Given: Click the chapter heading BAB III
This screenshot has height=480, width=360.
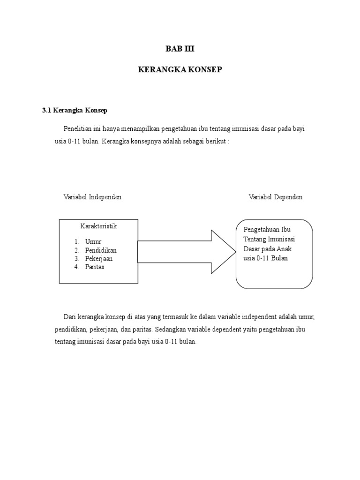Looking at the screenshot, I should pos(180,48).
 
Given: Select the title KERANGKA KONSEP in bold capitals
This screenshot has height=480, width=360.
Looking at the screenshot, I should pos(180,69).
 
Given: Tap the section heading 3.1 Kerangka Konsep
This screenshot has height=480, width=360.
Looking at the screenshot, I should pos(75,111).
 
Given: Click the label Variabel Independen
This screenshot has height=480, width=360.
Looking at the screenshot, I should pos(92,197).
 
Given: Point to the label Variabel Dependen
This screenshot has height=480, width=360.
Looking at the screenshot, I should pos(275,197).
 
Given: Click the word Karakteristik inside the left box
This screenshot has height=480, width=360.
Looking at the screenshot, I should pos(98,226).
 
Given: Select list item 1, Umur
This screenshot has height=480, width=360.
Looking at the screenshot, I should pos(93,241).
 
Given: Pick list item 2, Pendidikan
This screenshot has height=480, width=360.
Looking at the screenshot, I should pos(101,250).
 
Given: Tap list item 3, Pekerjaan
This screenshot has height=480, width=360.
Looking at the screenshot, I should pos(98,258).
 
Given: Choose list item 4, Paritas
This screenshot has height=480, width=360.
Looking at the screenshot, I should pos(95,267).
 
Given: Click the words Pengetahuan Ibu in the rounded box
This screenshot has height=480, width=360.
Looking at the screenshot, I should pos(267,229).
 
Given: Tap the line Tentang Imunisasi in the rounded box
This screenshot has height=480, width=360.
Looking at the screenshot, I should pos(269,239).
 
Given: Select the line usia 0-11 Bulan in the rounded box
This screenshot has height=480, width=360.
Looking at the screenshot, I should pos(265,258).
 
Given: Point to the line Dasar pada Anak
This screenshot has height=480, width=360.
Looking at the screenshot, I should pos(267,248).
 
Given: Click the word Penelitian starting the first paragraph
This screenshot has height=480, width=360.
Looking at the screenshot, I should pos(78,129).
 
